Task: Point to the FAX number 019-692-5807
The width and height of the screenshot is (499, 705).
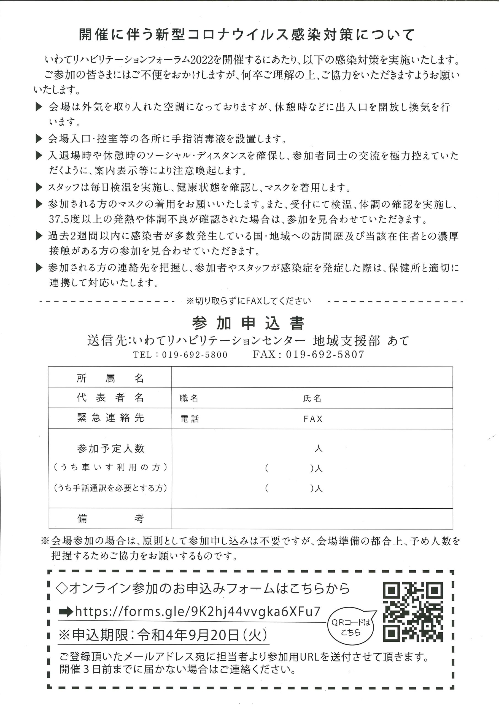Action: point(325,355)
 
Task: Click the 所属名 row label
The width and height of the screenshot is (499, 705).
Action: point(110,378)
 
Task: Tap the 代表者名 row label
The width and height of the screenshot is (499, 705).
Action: point(110,398)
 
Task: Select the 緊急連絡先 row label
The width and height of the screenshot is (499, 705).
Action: point(110,418)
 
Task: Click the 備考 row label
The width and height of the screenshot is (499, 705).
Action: point(110,519)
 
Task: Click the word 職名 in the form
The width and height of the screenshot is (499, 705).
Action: point(189,398)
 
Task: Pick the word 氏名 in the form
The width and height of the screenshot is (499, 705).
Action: point(312,398)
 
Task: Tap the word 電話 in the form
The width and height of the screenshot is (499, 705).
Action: point(190,419)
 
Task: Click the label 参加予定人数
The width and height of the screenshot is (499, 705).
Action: point(110,449)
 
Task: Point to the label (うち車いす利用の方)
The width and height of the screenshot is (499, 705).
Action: point(110,467)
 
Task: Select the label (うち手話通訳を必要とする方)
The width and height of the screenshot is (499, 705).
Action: point(110,488)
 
